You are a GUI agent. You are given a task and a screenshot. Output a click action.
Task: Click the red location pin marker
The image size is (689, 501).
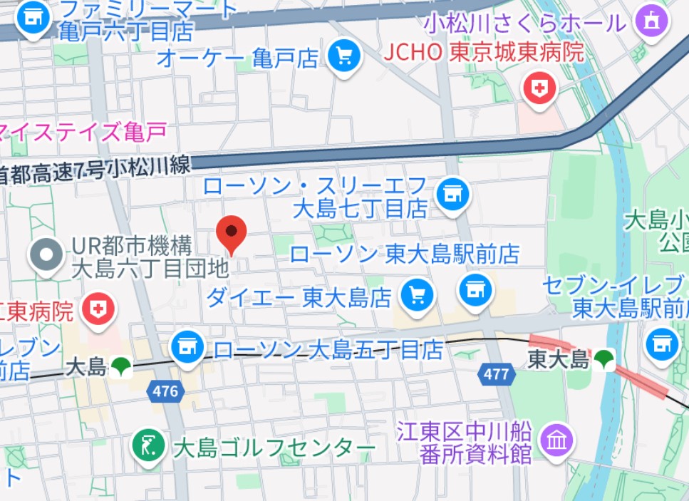pos(231,232)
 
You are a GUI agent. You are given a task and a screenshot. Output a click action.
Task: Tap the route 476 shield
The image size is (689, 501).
pos(165,391)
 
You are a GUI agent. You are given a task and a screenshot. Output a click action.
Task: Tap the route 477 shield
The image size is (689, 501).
pos(495,373)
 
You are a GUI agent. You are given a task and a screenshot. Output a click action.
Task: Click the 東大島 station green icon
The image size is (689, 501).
pos(605,358)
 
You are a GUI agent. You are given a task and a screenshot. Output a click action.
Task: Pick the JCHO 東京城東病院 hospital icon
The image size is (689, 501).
pos(540,89)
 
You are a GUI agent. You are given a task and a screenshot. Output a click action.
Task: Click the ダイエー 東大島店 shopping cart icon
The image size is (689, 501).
pos(418,294)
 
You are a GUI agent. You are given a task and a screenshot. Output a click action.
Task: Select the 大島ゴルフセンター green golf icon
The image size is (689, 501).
pos(150,446)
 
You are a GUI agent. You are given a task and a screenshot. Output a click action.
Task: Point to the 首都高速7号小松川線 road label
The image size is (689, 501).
pos(96,170)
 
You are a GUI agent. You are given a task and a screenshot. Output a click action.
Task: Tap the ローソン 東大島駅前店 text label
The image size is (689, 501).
pos(405,254)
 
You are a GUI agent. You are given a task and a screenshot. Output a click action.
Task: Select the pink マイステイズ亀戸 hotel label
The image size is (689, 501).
pos(82,131)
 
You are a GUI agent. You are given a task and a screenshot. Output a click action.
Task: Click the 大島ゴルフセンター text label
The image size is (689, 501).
pos(274,448)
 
